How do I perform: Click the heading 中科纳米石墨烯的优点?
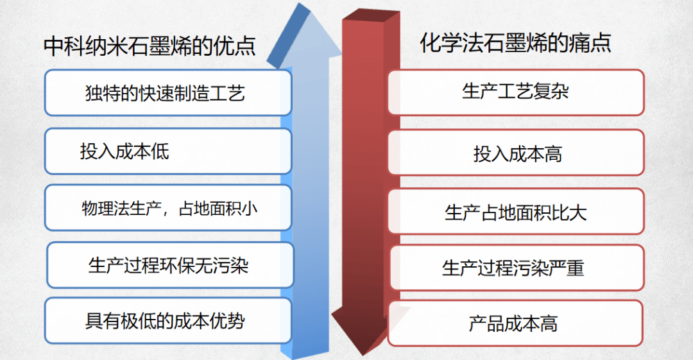click(x=150, y=46)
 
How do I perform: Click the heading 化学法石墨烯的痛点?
click(x=515, y=43)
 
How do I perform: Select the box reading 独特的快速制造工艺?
click(x=167, y=93)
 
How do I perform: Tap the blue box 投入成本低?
click(x=167, y=151)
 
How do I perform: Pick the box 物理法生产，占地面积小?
click(x=167, y=208)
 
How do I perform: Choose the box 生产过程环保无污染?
click(x=169, y=265)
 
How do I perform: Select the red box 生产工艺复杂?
click(x=515, y=92)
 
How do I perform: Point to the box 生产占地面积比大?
click(x=515, y=211)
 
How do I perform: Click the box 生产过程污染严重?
click(x=515, y=267)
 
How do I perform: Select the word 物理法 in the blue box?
click(x=101, y=208)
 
